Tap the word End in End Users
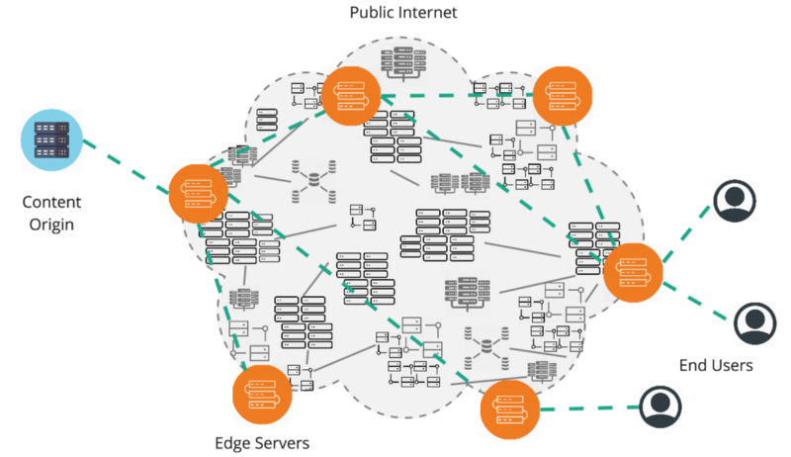tap(694, 366)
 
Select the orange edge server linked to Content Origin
tap(199, 191)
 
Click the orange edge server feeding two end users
tap(633, 270)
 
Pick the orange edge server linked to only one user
tap(509, 410)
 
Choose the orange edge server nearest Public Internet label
tap(350, 97)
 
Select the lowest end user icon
tap(661, 406)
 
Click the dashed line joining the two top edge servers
tap(456, 97)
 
